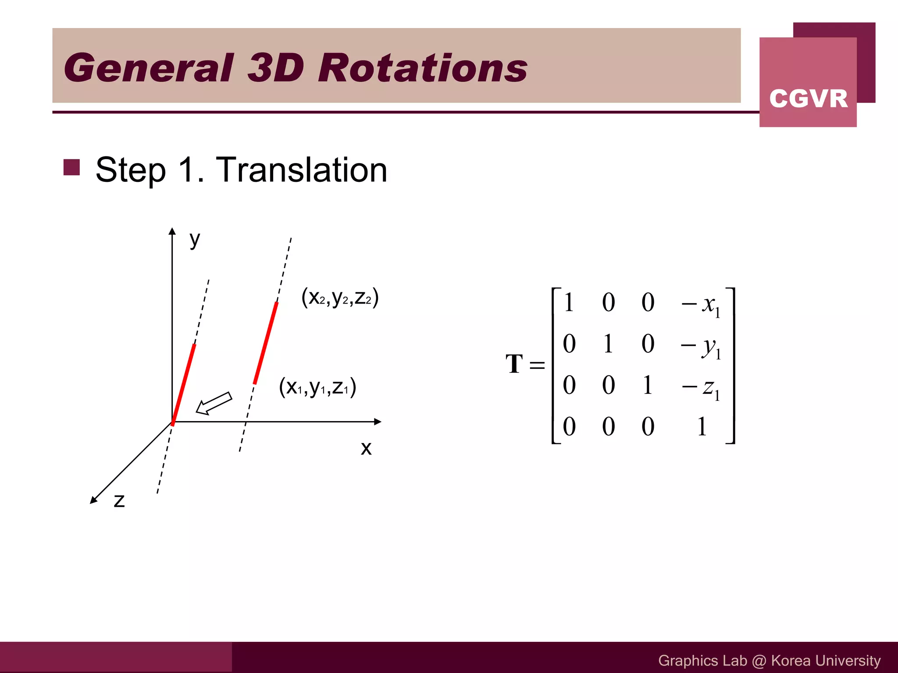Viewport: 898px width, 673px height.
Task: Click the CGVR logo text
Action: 808,98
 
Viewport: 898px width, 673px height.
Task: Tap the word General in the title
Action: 149,68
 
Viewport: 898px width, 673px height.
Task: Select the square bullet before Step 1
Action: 71,167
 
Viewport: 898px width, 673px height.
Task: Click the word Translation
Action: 302,170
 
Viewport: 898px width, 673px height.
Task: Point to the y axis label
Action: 195,240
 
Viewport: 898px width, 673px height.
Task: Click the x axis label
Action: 366,448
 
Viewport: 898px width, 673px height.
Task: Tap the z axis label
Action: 119,500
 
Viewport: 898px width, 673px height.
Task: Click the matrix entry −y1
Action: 701,346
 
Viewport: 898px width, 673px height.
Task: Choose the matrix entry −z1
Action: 701,387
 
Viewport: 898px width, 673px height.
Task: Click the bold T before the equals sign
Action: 514,364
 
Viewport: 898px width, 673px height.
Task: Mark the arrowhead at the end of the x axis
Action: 378,422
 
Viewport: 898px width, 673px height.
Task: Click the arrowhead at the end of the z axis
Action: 93,500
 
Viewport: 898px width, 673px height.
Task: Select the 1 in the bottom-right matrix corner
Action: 702,426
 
